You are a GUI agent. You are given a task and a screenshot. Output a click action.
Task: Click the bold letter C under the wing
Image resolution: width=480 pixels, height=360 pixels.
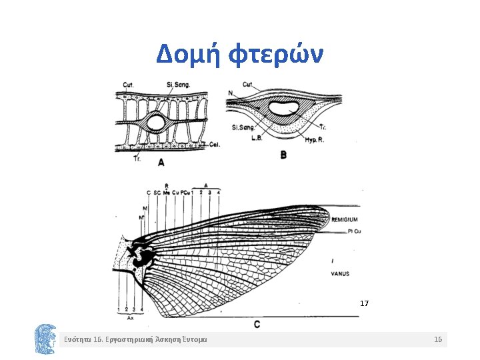click(x=257, y=324)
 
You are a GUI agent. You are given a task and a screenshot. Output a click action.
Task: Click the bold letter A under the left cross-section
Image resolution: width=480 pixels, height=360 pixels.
click(x=161, y=162)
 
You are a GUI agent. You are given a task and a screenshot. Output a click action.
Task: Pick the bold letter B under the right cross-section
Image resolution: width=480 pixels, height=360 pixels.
click(x=283, y=155)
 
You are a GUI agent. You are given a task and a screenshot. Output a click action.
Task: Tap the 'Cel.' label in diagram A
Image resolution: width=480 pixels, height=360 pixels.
click(x=214, y=144)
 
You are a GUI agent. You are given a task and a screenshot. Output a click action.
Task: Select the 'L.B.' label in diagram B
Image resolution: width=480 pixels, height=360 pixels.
click(x=257, y=137)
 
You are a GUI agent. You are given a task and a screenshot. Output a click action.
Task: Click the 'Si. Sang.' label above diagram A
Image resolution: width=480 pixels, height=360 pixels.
click(x=179, y=84)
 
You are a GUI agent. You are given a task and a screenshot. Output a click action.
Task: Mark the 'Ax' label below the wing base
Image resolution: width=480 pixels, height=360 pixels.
click(x=130, y=319)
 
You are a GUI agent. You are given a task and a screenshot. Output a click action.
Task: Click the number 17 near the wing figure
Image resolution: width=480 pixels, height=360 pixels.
click(x=364, y=303)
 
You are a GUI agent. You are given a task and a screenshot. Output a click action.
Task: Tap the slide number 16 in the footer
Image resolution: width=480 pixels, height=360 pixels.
click(x=438, y=340)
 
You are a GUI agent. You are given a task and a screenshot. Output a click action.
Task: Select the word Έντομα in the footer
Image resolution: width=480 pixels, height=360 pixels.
click(x=193, y=340)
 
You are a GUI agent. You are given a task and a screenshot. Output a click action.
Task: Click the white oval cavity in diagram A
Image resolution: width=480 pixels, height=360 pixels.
click(x=157, y=123)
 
